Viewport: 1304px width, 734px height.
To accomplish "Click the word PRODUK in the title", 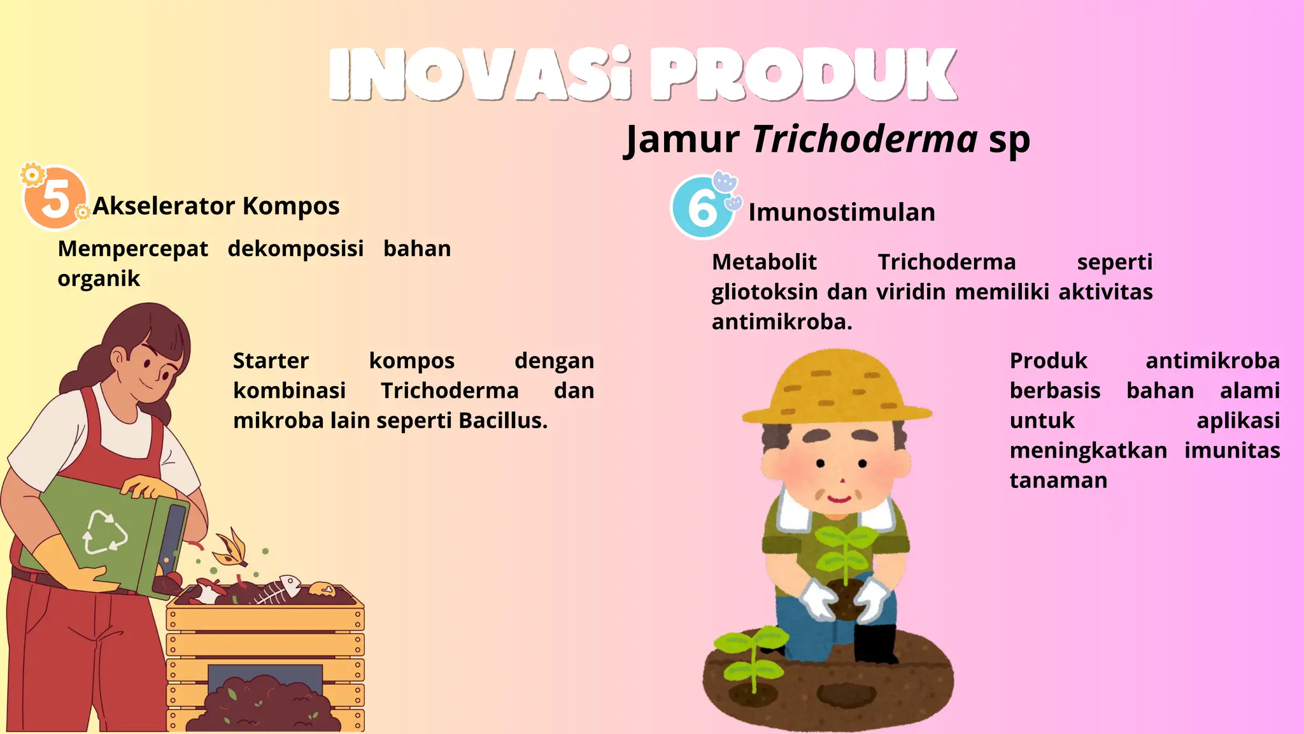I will tap(804, 75).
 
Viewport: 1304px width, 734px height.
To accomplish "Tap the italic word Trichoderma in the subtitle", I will tap(864, 139).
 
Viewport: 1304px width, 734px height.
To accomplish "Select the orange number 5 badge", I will tap(55, 198).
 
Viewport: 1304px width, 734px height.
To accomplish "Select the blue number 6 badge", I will tap(702, 208).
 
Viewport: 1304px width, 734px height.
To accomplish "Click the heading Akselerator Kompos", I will tap(216, 206).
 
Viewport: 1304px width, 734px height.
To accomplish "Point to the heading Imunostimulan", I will tap(842, 213).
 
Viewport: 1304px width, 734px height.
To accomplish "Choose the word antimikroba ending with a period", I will tap(782, 322).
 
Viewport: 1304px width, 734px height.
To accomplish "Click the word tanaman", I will tap(1058, 480).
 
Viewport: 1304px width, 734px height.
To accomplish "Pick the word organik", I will tap(99, 279).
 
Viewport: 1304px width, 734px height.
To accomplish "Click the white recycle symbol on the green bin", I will tap(105, 532).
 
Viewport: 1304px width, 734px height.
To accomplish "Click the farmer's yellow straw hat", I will tap(835, 389).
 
